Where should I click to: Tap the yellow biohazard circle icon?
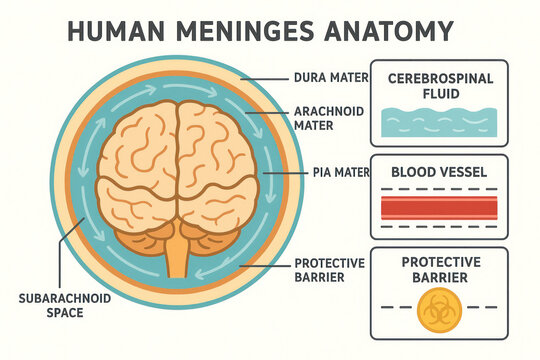point(439,310)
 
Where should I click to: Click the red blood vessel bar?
point(439,207)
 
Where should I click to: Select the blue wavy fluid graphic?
point(439,123)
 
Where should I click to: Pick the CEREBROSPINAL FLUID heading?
point(439,86)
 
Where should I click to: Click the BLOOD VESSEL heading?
point(439,172)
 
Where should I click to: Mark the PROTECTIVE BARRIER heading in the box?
point(439,269)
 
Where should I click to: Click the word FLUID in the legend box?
point(439,95)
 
